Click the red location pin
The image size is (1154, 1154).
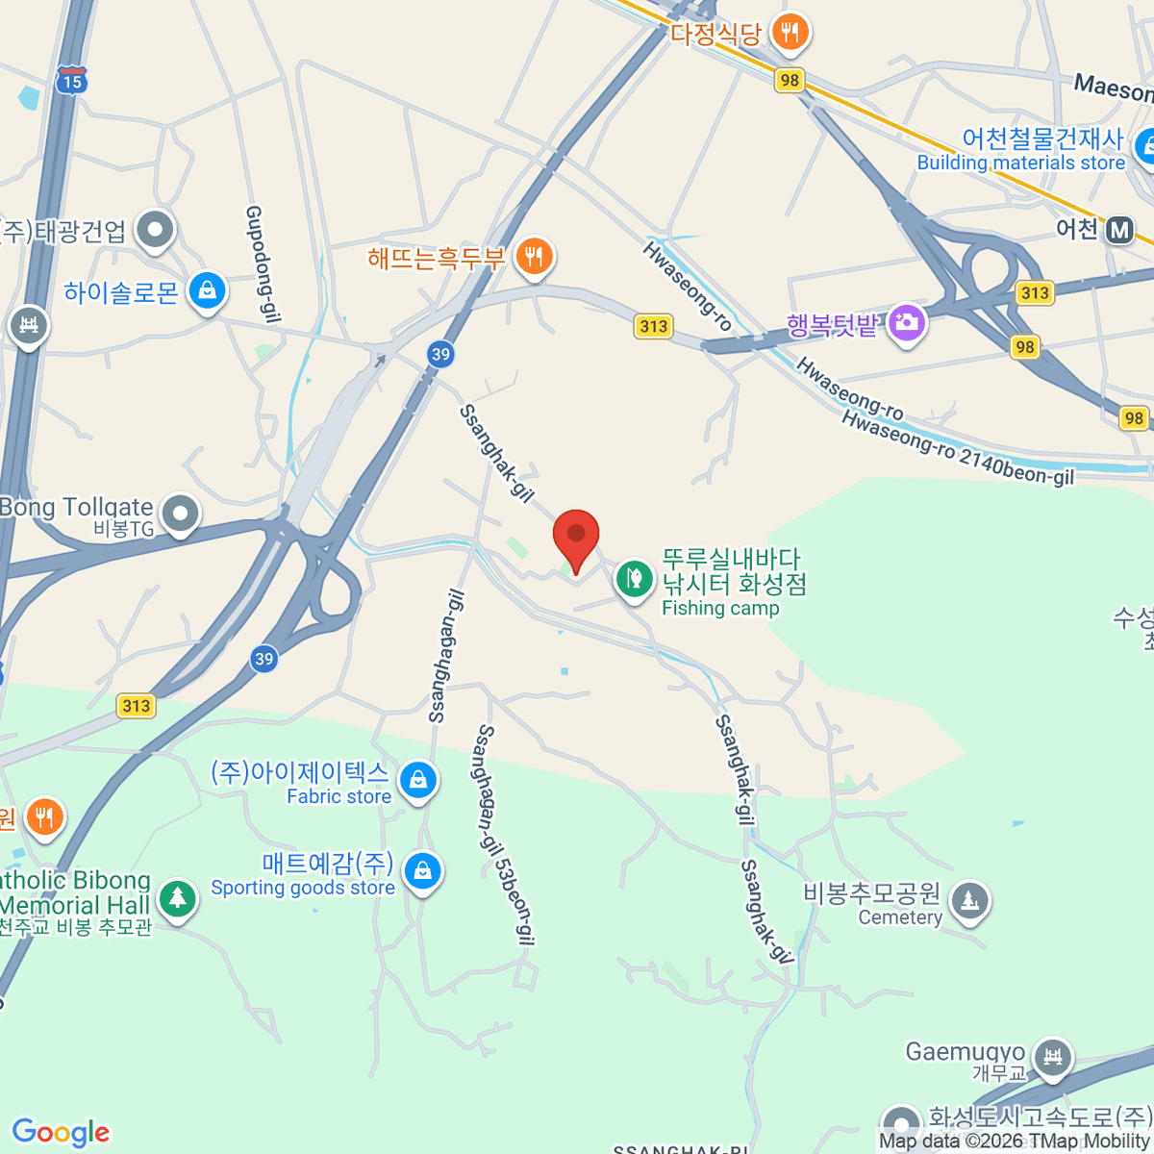click(576, 536)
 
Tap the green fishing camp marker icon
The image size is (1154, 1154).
click(634, 579)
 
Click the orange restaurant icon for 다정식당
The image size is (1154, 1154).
click(790, 33)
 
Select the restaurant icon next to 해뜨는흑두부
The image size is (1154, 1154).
click(534, 257)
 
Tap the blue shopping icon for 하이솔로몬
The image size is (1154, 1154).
click(207, 290)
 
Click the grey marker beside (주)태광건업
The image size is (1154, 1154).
click(154, 230)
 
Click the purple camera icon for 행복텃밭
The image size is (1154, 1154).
click(906, 323)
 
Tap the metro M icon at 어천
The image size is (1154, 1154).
click(1118, 231)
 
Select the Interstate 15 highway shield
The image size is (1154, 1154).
click(71, 81)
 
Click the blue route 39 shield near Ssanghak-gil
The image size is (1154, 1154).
click(440, 354)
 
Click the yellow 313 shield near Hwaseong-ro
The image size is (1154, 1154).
click(653, 326)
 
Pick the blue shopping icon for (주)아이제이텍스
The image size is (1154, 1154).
click(418, 780)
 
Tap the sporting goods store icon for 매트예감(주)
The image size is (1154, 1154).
click(421, 871)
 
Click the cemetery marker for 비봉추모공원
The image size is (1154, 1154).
click(968, 901)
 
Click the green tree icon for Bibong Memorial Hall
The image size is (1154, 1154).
click(176, 898)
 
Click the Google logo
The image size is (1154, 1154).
click(61, 1133)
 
